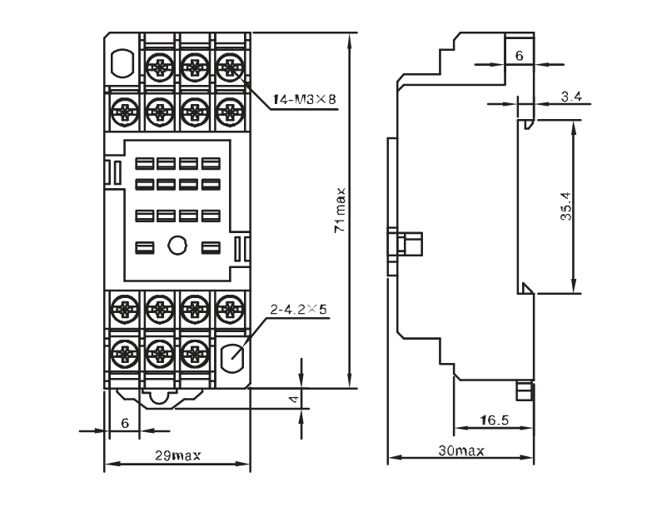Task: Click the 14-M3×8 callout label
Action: [305, 99]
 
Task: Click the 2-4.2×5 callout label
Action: [298, 309]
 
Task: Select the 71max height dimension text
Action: [340, 211]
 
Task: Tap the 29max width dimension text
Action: [178, 455]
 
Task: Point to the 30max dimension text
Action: [461, 450]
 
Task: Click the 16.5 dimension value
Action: [495, 420]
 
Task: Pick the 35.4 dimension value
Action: [566, 206]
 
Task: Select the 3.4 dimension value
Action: [571, 96]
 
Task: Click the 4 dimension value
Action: [293, 399]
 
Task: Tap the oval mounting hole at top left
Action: [122, 62]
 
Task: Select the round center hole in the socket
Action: [177, 246]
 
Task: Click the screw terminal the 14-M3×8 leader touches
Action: [230, 67]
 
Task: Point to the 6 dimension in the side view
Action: [520, 55]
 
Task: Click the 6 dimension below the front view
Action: [125, 423]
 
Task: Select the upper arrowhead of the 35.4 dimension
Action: [573, 128]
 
